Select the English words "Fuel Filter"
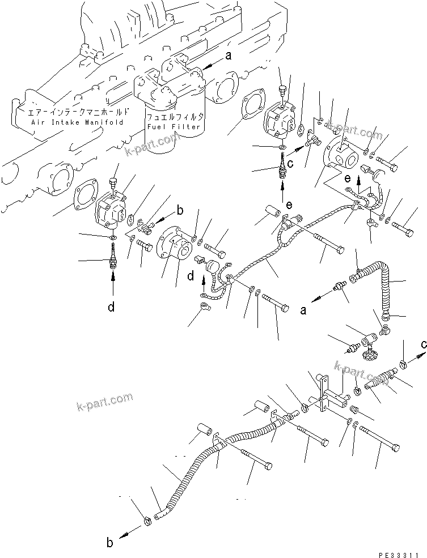tap(174, 126)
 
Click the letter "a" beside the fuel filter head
tap(229, 56)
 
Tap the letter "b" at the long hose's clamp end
tap(110, 542)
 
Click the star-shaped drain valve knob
tap(370, 357)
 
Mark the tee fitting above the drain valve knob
tap(371, 338)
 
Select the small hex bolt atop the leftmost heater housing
tap(112, 183)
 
